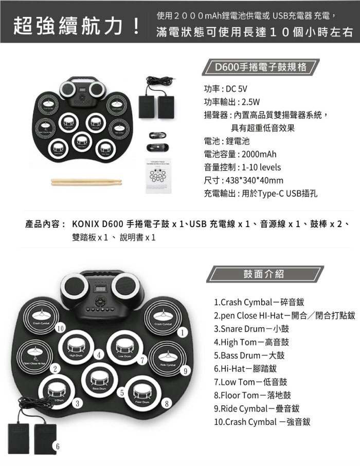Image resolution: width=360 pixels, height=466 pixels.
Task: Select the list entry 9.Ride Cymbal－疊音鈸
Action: [x=257, y=409]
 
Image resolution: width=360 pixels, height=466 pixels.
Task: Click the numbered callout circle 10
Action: [x=61, y=328]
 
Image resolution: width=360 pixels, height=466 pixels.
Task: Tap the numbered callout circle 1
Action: [x=182, y=333]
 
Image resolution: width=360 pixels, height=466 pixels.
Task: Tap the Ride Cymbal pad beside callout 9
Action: [x=168, y=358]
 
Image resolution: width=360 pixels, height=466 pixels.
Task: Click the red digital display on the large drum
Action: [x=101, y=290]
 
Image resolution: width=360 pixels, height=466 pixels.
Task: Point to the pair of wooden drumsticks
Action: [x=86, y=181]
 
